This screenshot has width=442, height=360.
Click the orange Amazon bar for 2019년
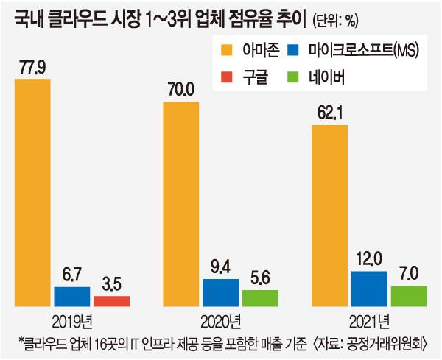[32, 191]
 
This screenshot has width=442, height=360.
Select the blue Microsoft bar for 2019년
[71, 296]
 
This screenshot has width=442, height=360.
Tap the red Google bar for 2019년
[111, 301]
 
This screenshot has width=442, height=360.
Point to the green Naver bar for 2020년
[260, 297]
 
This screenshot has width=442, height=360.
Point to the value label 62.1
[329, 115]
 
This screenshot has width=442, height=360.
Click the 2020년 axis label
[220, 322]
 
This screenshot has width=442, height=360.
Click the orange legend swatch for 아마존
[227, 50]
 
